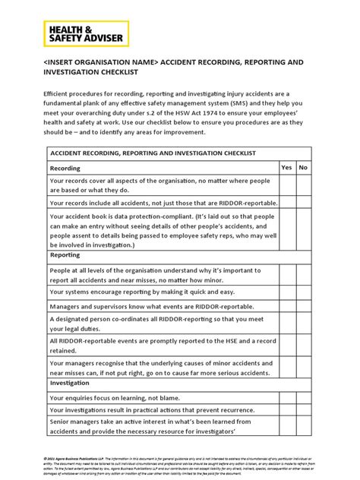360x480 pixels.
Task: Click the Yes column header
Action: click(286, 167)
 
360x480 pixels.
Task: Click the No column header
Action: click(303, 167)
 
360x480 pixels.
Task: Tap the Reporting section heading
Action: click(71, 256)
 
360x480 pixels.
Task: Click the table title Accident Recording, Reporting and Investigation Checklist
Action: click(153, 153)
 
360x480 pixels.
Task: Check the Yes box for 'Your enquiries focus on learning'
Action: click(286, 397)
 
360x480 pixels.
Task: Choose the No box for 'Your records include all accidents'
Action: click(303, 204)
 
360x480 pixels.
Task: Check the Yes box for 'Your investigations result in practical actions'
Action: click(286, 411)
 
